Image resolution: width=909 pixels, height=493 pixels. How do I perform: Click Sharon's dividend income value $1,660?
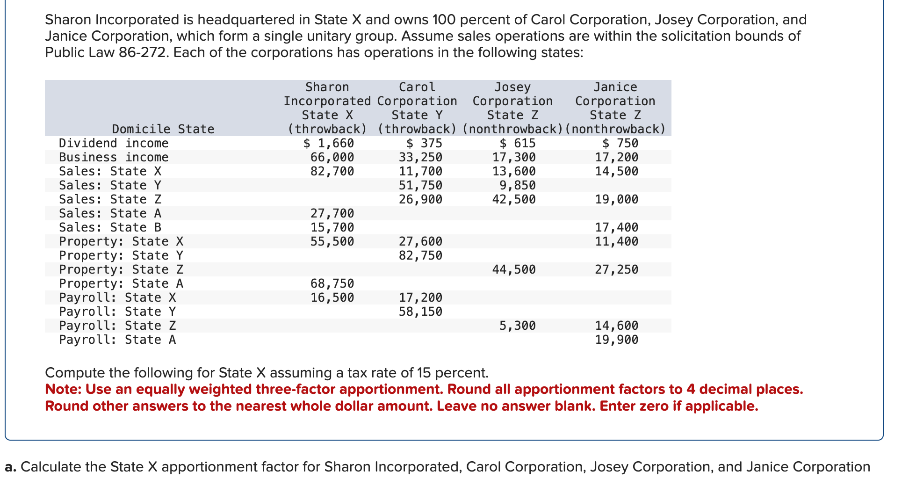click(329, 143)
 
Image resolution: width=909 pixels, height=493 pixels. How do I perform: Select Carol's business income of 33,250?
click(420, 157)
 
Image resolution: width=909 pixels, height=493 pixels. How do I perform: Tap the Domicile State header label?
click(163, 129)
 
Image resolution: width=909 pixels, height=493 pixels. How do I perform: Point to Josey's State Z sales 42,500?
click(514, 199)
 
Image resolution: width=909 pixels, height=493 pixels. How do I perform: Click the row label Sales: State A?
click(110, 213)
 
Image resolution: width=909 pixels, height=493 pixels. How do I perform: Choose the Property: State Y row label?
click(121, 255)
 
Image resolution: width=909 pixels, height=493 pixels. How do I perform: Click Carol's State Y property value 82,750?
click(420, 255)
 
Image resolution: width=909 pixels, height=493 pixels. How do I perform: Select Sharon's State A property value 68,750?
click(332, 283)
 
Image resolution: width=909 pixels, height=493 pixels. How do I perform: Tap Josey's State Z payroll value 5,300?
click(517, 326)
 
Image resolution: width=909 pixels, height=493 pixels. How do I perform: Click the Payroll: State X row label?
click(117, 297)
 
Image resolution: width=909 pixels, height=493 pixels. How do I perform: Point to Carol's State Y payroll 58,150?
click(420, 312)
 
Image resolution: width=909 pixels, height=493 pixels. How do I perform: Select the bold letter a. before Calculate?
click(11, 467)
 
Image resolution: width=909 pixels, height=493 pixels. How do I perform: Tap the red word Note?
click(63, 389)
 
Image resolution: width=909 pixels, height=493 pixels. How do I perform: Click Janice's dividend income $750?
click(620, 143)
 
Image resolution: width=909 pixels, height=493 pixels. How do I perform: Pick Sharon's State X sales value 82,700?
click(332, 171)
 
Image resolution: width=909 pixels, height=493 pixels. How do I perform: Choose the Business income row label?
click(114, 157)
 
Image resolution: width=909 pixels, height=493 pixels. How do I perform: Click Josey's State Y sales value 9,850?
click(517, 185)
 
